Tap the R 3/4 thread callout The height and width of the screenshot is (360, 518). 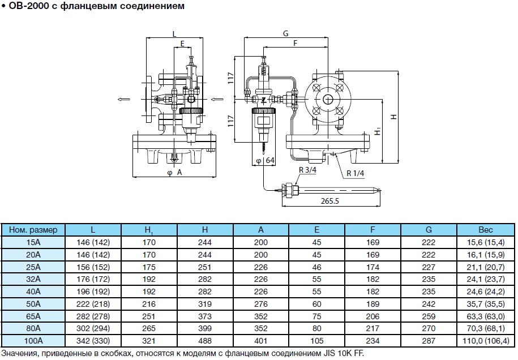(308, 170)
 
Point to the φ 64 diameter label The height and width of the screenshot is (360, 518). (265, 161)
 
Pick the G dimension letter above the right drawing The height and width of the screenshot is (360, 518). (286, 33)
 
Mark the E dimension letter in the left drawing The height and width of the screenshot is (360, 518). (182, 43)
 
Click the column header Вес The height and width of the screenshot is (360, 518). (485, 230)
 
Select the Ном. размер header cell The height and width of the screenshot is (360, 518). (34, 230)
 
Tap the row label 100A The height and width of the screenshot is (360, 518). (34, 341)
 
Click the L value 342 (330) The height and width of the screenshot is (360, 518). (93, 341)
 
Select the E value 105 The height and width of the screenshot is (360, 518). (316, 341)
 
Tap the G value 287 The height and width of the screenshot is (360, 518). (429, 341)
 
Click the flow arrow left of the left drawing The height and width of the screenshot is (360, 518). (123, 99)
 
